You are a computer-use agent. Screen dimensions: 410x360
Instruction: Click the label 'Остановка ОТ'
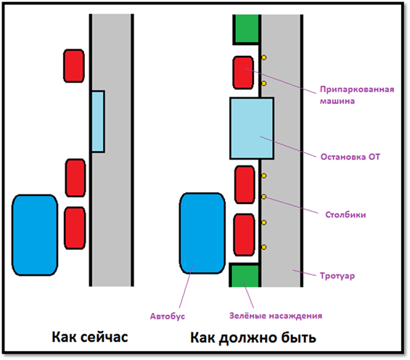click(x=350, y=157)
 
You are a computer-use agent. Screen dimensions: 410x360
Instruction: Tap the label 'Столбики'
click(x=345, y=215)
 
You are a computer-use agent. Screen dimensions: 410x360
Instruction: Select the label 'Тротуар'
click(x=337, y=276)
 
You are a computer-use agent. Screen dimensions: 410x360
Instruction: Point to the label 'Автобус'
click(x=168, y=316)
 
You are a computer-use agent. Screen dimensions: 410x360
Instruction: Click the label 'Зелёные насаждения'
click(x=276, y=316)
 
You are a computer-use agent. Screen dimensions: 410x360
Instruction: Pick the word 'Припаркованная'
click(x=357, y=89)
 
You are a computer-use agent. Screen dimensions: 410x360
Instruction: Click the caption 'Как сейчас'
click(x=90, y=337)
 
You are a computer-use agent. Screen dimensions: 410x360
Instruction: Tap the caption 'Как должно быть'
click(x=253, y=337)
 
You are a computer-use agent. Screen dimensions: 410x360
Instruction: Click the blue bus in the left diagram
click(x=35, y=235)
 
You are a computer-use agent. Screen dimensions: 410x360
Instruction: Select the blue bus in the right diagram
click(x=202, y=233)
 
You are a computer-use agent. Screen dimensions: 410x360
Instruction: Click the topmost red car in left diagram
click(x=74, y=66)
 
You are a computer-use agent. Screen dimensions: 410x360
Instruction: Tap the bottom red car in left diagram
click(x=75, y=228)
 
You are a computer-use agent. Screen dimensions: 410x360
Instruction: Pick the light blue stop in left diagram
click(x=98, y=121)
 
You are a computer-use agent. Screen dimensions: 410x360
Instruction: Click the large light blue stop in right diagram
click(x=252, y=128)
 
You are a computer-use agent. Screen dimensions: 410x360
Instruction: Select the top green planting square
click(x=247, y=28)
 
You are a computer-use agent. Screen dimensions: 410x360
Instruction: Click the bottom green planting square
click(x=245, y=276)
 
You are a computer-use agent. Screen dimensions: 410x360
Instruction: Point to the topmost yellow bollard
click(x=264, y=57)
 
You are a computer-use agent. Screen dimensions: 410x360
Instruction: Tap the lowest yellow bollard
click(x=264, y=247)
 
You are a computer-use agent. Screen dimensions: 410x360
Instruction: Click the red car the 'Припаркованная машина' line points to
click(x=243, y=73)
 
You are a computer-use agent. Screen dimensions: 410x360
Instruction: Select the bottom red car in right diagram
click(x=245, y=234)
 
